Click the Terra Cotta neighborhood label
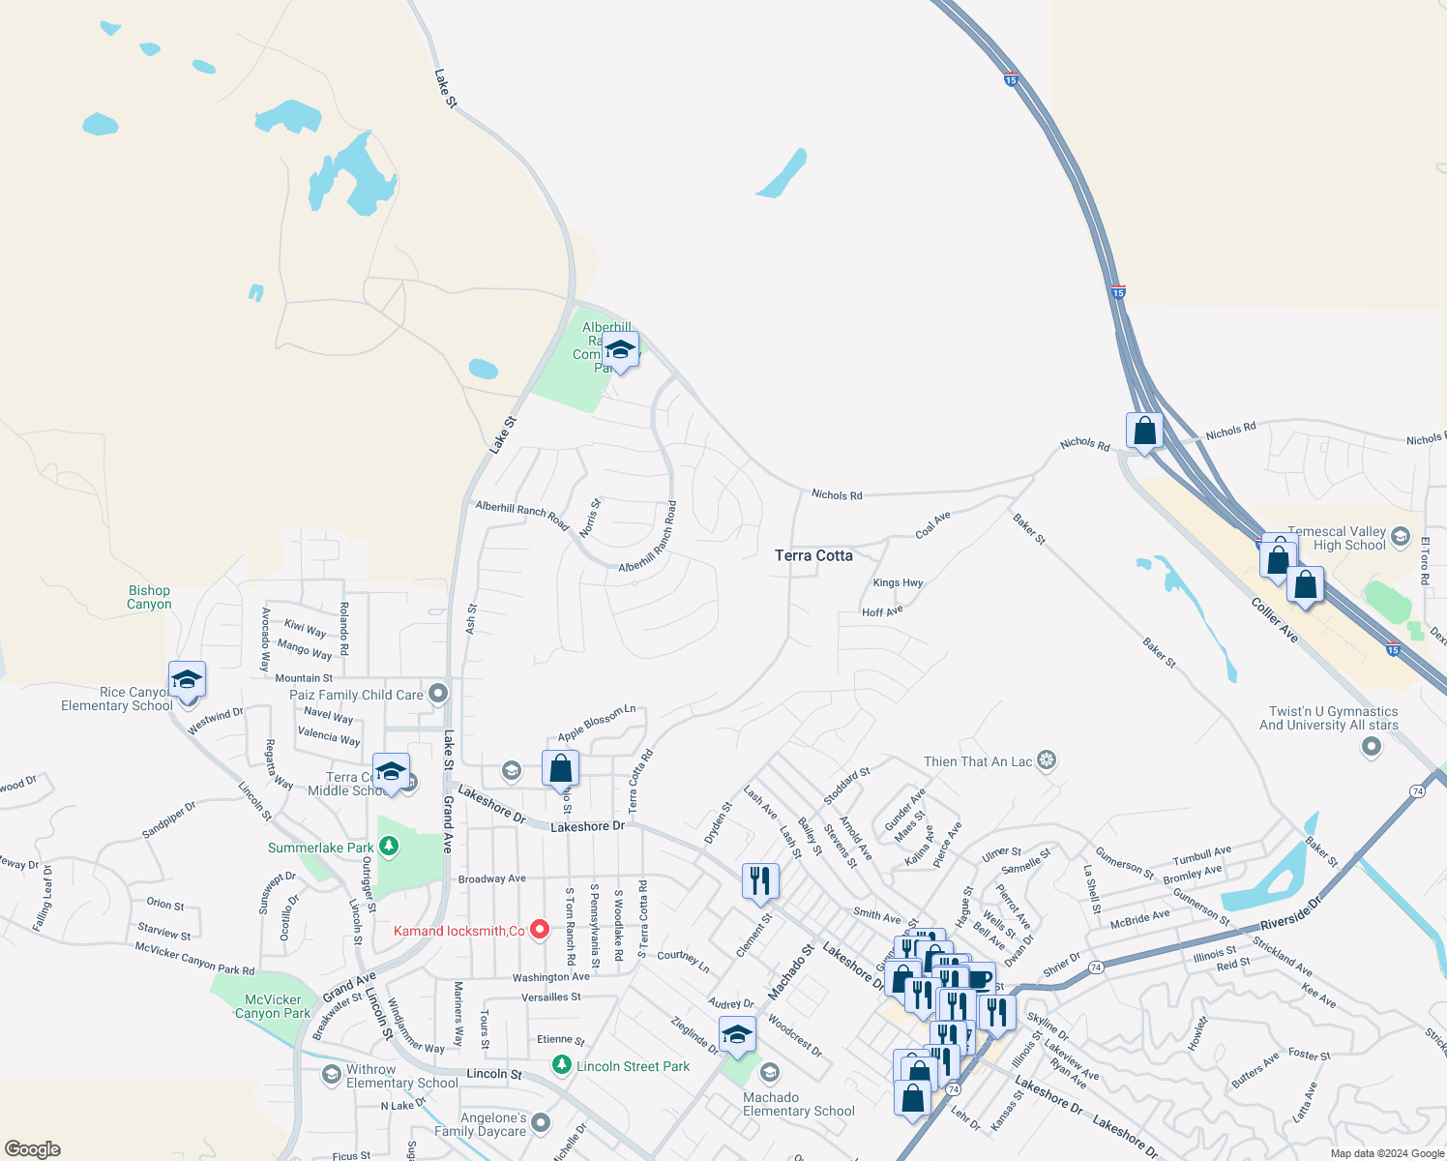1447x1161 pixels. (x=813, y=555)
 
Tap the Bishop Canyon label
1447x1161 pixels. (x=149, y=597)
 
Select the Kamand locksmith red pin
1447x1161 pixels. (x=540, y=931)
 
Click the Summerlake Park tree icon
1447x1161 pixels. (x=389, y=847)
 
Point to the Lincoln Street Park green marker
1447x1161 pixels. (x=561, y=1065)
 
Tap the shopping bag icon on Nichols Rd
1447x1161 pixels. (x=1144, y=431)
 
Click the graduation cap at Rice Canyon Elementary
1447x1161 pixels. (x=187, y=678)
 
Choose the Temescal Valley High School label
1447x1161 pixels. (x=1338, y=539)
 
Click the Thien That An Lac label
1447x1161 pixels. (x=978, y=761)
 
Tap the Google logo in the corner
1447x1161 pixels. (x=33, y=1149)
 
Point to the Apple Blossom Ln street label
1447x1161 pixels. (x=597, y=723)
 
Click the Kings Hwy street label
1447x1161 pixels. (x=898, y=583)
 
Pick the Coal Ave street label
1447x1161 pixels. (x=933, y=525)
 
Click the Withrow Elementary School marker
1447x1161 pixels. (x=332, y=1074)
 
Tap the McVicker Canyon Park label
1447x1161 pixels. (x=273, y=1006)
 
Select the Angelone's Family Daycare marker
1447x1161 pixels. (x=541, y=1122)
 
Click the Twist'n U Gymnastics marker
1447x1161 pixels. (x=1372, y=746)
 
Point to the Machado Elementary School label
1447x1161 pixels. (x=798, y=1104)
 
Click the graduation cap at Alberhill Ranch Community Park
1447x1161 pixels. (x=620, y=349)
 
